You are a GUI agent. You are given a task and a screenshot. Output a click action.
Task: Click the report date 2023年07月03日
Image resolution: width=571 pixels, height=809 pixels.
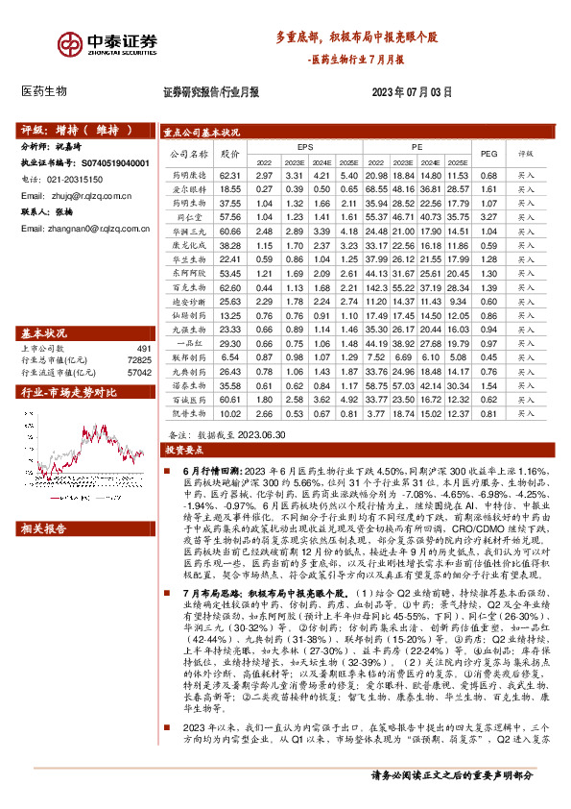pyautogui.click(x=411, y=93)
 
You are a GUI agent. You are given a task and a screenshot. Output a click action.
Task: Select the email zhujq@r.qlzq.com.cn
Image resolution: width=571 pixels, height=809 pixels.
pyautogui.click(x=77, y=195)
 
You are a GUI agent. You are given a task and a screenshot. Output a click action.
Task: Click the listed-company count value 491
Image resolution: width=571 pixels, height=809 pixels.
pyautogui.click(x=144, y=349)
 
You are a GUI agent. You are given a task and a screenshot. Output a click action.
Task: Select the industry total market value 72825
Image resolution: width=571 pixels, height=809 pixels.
pyautogui.click(x=139, y=360)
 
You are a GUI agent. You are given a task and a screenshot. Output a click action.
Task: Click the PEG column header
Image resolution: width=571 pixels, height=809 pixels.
pyautogui.click(x=488, y=154)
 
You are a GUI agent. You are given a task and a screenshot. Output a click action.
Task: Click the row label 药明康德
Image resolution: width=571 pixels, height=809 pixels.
pyautogui.click(x=189, y=176)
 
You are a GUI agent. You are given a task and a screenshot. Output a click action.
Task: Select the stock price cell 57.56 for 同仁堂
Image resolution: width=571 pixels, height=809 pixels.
pyautogui.click(x=228, y=218)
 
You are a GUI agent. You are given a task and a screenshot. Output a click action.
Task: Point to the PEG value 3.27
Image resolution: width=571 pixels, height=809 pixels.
pyautogui.click(x=488, y=218)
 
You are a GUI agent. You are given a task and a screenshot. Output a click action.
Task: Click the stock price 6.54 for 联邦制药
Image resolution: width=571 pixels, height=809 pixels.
pyautogui.click(x=228, y=356)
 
